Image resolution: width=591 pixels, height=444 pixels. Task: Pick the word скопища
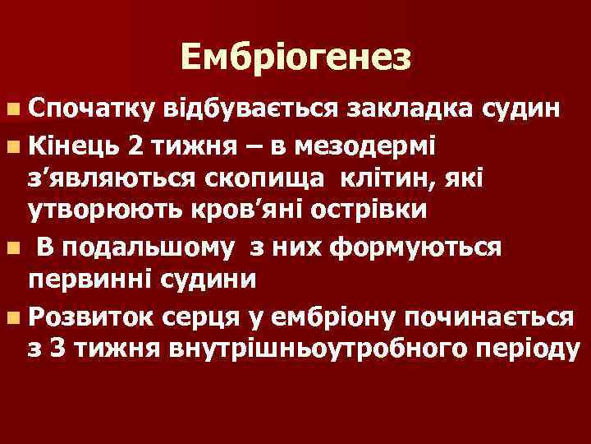(277, 178)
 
